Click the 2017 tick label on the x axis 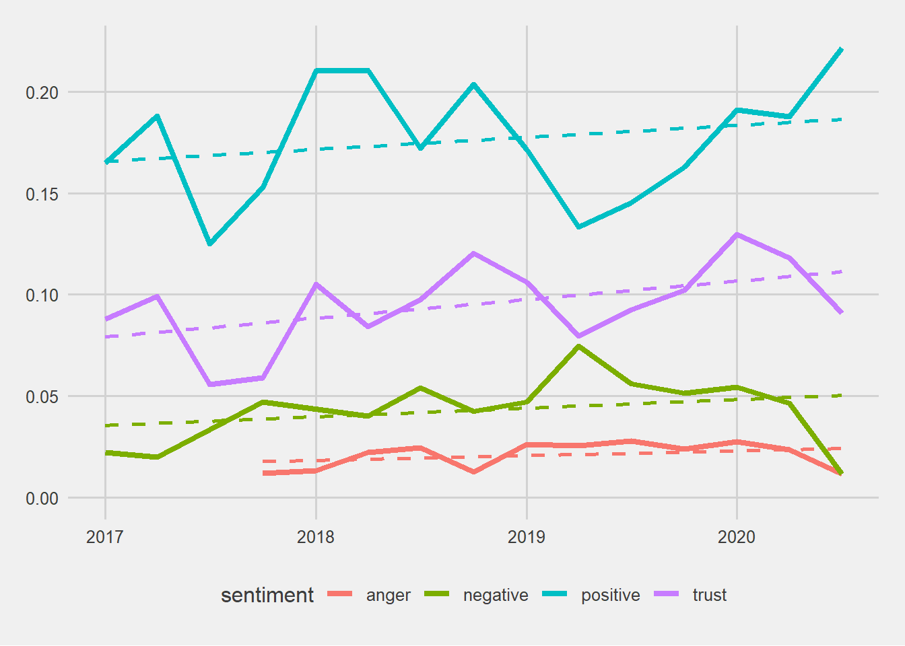[x=104, y=538]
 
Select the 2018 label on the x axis [x=316, y=538]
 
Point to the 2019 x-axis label [x=527, y=538]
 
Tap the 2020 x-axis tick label [x=737, y=538]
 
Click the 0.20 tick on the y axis [x=42, y=93]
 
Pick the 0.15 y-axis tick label [x=42, y=194]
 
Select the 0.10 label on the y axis [x=42, y=295]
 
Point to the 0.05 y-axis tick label [x=42, y=397]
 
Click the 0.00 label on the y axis [x=42, y=499]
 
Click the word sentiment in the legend [x=267, y=596]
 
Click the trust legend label [x=710, y=596]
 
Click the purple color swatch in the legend [x=667, y=594]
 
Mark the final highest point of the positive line [x=842, y=49]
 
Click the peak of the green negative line [x=578, y=346]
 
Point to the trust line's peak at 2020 [x=737, y=234]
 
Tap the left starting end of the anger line [x=263, y=473]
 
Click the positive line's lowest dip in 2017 [x=209, y=244]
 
